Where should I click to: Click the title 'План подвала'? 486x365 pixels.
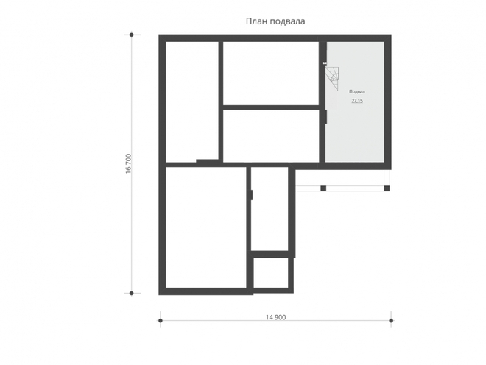pyautogui.click(x=275, y=21)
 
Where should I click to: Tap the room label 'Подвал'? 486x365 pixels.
pyautogui.click(x=357, y=92)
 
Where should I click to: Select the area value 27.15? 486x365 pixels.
pyautogui.click(x=357, y=101)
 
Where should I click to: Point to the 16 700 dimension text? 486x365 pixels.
pyautogui.click(x=128, y=163)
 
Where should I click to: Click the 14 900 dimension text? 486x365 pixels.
pyautogui.click(x=275, y=317)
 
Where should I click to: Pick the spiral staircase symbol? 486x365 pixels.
pyautogui.click(x=333, y=77)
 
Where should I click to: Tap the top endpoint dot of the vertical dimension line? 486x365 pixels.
pyautogui.click(x=131, y=35)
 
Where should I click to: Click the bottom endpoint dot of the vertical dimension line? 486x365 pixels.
pyautogui.click(x=131, y=293)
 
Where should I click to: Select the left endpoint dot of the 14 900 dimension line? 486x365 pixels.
pyautogui.click(x=161, y=320)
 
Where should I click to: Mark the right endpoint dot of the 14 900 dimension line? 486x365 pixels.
pyautogui.click(x=391, y=320)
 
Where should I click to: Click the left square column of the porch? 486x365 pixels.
pyautogui.click(x=323, y=188)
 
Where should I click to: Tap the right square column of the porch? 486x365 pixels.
pyautogui.click(x=387, y=188)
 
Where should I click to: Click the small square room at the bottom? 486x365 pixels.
pyautogui.click(x=271, y=273)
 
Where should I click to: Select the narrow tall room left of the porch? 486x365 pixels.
pyautogui.click(x=270, y=208)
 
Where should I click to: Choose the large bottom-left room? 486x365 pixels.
pyautogui.click(x=206, y=227)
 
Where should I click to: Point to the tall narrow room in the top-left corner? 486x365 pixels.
pyautogui.click(x=192, y=102)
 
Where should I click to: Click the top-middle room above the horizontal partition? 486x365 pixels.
pyautogui.click(x=271, y=74)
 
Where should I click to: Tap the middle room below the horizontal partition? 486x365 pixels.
pyautogui.click(x=271, y=135)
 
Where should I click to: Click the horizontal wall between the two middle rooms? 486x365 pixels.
pyautogui.click(x=271, y=107)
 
